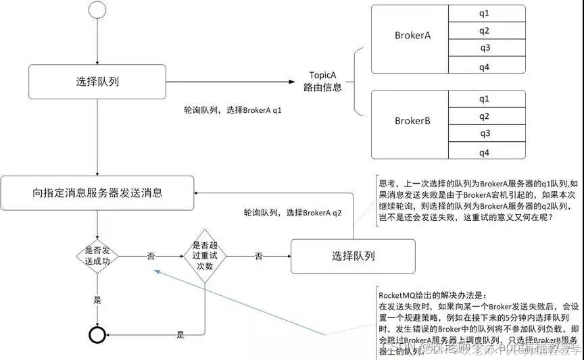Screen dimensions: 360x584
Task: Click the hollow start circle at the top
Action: point(99,11)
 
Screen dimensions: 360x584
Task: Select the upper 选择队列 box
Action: point(99,82)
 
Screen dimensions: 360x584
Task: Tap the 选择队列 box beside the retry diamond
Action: point(353,256)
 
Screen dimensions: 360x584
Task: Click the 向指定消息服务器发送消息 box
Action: point(97,192)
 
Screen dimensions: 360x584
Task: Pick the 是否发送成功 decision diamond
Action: point(97,256)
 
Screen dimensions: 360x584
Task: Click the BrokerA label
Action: point(412,35)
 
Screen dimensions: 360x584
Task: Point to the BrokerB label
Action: point(412,122)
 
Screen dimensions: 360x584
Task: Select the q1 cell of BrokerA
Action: point(484,13)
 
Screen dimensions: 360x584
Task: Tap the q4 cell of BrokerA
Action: point(484,66)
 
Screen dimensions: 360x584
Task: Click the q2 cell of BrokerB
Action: point(484,116)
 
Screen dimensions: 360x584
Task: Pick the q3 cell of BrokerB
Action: point(484,134)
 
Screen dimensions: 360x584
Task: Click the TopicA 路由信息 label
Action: point(325,82)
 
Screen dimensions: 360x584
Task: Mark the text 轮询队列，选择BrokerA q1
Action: point(233,109)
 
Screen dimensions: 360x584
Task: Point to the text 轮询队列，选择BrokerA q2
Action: point(293,212)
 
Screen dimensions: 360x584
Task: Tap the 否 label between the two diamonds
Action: point(151,256)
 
